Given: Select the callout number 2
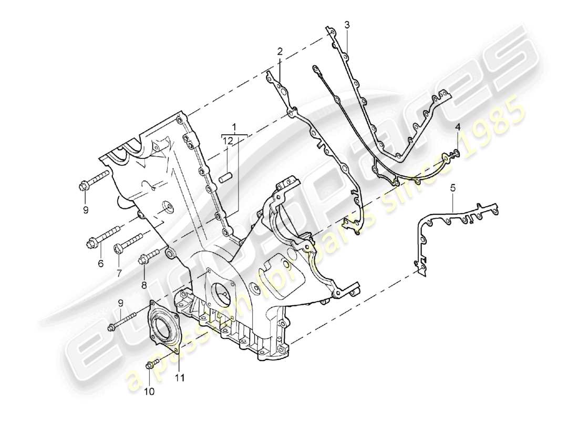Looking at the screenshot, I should [x=280, y=51].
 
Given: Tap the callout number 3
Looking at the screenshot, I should [x=347, y=24].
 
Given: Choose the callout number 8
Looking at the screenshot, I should [x=144, y=285].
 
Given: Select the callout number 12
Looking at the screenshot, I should [x=226, y=141].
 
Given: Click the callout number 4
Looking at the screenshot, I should [x=458, y=128].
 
